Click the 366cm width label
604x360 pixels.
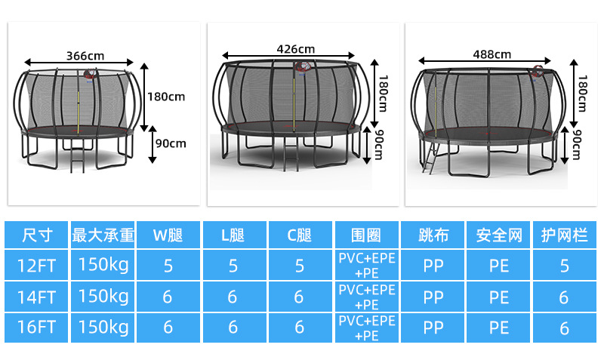pos(85,56)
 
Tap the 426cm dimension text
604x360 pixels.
pos(296,49)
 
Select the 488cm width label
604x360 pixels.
pos(492,54)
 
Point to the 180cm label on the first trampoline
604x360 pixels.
pos(165,97)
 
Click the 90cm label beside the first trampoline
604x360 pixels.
pos(170,143)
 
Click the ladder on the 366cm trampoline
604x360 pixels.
pos(75,156)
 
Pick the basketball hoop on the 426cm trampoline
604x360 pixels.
pos(304,69)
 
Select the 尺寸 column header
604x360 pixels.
pos(36,235)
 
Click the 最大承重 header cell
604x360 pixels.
pos(103,235)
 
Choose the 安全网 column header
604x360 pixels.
pos(499,235)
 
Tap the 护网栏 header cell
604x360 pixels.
pos(564,235)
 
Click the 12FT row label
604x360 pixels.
pos(36,266)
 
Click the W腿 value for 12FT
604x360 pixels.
pos(168,266)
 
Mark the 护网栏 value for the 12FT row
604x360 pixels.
pos(564,266)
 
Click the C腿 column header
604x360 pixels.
pos(299,235)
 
